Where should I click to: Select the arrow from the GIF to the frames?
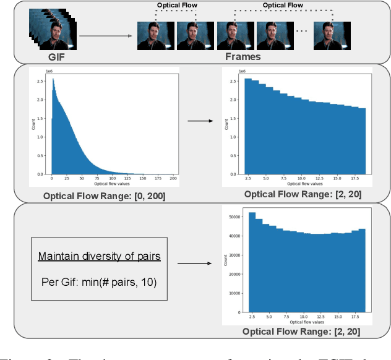105,35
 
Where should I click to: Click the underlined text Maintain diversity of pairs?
99,256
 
